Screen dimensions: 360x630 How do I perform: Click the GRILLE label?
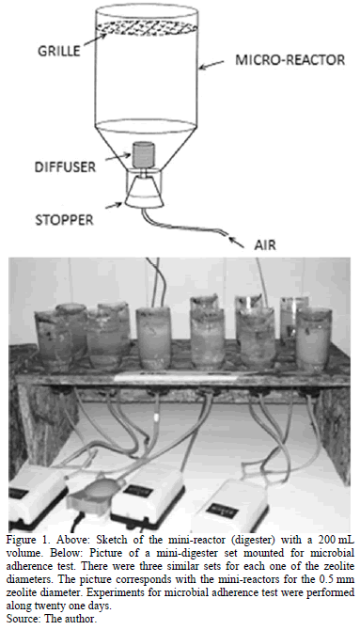[x=58, y=51]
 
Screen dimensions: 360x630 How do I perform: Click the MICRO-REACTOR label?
[x=290, y=60]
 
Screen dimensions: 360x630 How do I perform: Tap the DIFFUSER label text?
[x=65, y=166]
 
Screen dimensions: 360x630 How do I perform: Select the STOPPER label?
[x=64, y=220]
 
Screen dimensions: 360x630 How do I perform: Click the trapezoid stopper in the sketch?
[x=144, y=191]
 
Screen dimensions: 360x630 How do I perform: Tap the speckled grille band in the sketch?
[x=147, y=27]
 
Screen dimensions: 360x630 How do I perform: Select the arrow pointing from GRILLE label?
[x=94, y=41]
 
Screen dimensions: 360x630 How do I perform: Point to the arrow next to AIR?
[x=240, y=242]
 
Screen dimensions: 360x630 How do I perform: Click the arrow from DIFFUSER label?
[x=117, y=158]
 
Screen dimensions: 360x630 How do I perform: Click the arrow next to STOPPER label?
[x=114, y=206]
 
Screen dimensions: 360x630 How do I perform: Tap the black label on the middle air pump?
[x=138, y=491]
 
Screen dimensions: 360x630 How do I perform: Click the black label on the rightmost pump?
[x=222, y=512]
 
